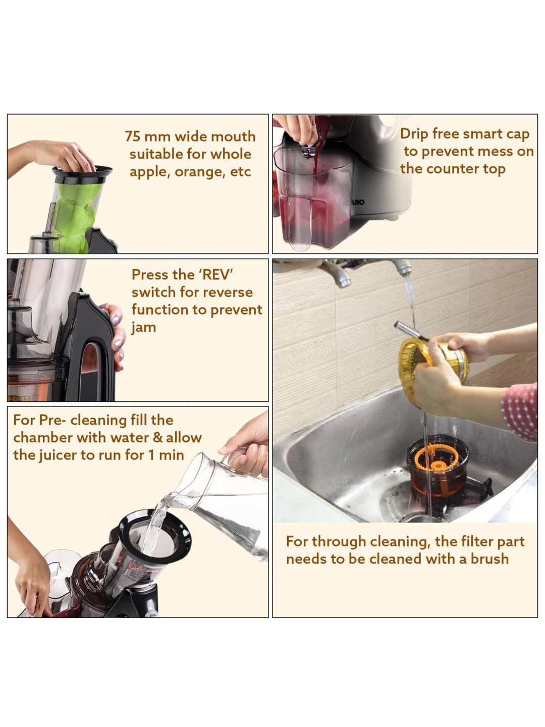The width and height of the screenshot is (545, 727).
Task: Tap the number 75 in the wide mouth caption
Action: point(133,137)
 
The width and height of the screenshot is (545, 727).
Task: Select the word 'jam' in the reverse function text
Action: point(144,328)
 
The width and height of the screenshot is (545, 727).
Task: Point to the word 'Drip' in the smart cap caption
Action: point(414,134)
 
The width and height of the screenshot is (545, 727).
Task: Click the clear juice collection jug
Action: point(312,204)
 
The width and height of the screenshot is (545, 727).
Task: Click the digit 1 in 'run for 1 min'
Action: point(151,455)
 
